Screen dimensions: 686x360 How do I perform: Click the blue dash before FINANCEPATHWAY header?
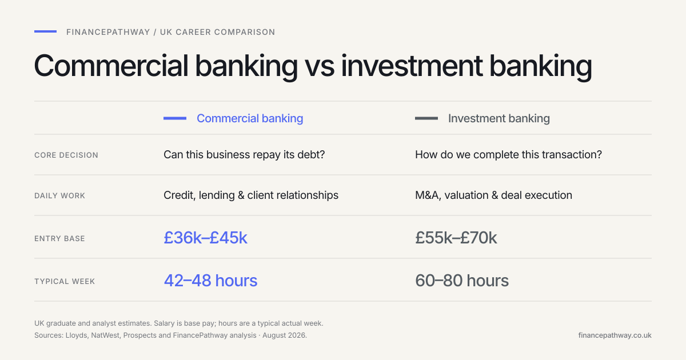click(x=45, y=31)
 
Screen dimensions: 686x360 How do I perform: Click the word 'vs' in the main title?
click(x=320, y=66)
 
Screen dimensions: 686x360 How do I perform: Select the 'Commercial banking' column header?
click(x=250, y=118)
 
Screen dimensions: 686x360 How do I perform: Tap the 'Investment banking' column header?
click(x=499, y=118)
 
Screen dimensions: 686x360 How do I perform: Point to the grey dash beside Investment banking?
click(x=426, y=118)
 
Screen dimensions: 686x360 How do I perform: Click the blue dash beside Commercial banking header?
click(x=175, y=118)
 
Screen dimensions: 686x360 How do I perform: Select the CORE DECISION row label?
click(x=66, y=155)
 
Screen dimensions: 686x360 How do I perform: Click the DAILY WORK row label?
click(x=59, y=195)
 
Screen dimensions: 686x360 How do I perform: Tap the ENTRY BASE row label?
click(x=59, y=238)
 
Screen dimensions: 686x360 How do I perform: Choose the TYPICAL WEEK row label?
click(x=65, y=281)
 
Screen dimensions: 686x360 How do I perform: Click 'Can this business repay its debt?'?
click(x=244, y=155)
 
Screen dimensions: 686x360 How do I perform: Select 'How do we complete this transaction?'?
click(x=508, y=155)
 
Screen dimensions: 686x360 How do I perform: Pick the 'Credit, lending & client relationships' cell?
click(x=251, y=195)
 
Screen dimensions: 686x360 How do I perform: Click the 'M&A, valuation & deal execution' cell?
click(x=494, y=195)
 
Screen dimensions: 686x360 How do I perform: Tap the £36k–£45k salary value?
click(x=205, y=238)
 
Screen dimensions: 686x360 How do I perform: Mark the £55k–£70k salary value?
click(x=456, y=238)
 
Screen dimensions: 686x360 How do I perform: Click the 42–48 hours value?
click(x=211, y=281)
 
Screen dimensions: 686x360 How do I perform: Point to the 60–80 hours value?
click(x=462, y=281)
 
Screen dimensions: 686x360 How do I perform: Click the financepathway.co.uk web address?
click(x=615, y=335)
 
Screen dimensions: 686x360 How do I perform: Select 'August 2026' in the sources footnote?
click(x=284, y=335)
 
